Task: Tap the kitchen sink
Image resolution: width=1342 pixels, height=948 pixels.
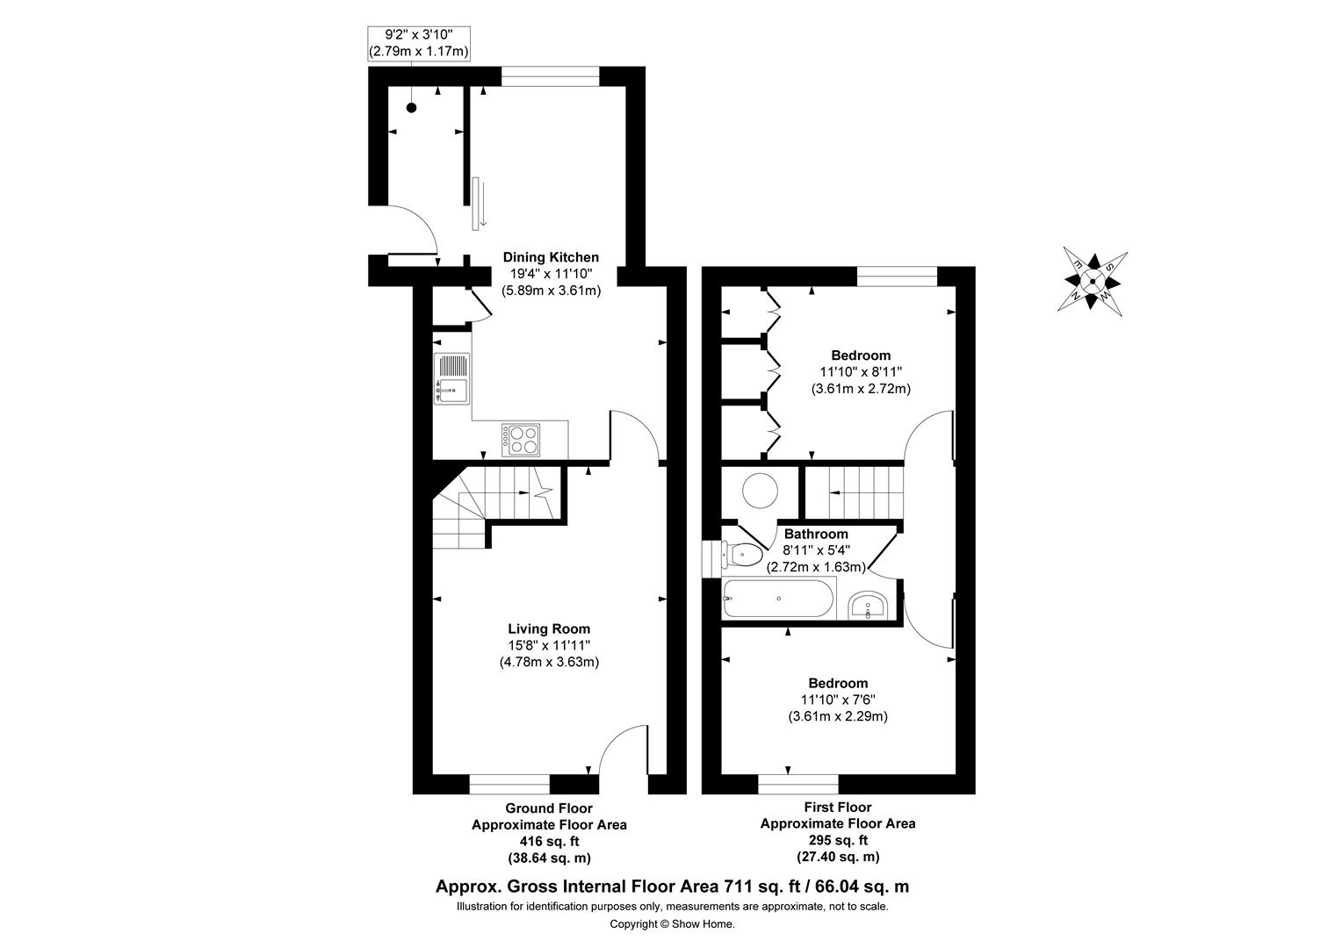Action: point(452,378)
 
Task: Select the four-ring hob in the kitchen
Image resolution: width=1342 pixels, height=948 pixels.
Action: point(522,440)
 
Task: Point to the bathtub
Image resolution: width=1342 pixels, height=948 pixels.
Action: point(777,600)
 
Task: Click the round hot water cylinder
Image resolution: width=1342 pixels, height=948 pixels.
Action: point(760,490)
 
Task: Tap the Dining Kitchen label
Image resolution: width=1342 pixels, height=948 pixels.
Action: point(551,257)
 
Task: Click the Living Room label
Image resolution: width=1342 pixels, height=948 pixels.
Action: point(549,628)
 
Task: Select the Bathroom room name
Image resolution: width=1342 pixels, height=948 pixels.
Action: point(816,534)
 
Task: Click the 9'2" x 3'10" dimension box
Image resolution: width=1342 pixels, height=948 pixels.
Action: point(418,44)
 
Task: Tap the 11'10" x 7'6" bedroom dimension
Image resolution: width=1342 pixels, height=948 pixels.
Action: point(838,700)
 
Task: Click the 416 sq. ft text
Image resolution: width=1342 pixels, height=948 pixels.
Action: point(549,841)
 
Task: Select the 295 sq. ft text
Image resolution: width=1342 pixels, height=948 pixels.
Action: point(837,840)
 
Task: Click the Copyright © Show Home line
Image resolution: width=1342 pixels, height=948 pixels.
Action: point(672,923)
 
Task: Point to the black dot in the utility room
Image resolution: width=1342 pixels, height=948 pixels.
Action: point(410,108)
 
